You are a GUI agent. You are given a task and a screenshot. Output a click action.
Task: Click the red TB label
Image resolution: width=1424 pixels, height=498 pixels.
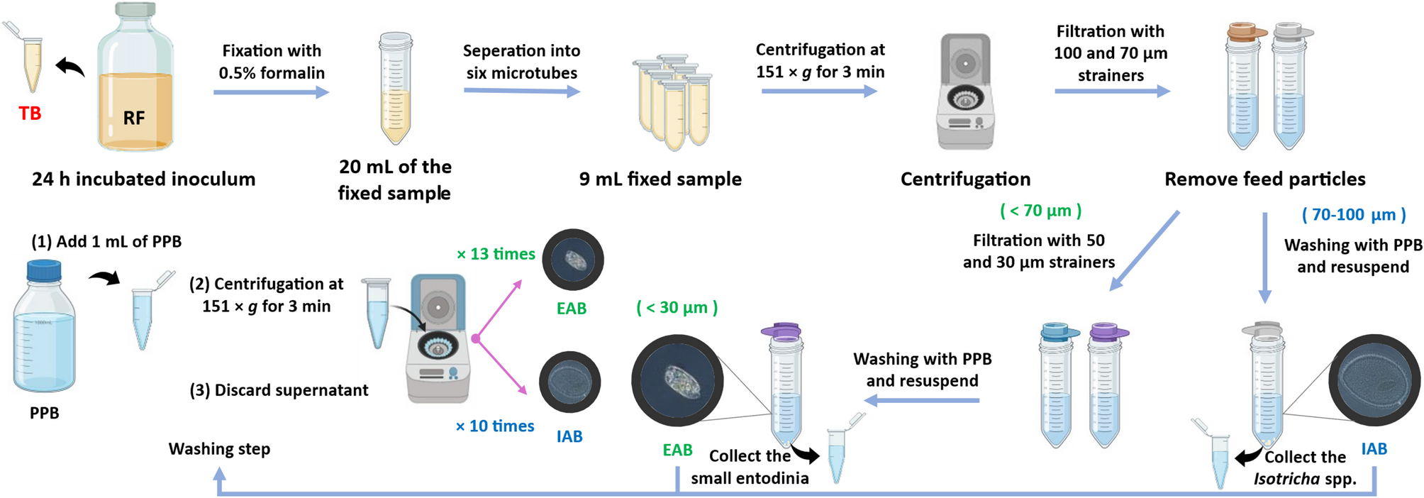[x=30, y=114]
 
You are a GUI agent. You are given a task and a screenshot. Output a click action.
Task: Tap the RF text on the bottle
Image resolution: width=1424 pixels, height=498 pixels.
[x=134, y=118]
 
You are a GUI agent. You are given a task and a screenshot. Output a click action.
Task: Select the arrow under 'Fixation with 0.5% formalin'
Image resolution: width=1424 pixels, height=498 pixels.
[x=272, y=92]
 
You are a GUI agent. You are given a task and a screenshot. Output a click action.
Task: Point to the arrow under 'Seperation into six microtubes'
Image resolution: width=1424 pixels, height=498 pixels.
[x=522, y=91]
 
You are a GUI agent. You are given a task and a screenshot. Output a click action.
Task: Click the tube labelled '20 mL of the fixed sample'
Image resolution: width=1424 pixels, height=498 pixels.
[x=396, y=88]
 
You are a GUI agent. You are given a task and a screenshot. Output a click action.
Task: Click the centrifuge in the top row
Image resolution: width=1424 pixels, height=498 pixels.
[x=965, y=92]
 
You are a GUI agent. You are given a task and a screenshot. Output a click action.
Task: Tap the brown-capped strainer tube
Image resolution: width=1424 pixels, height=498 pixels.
[x=1242, y=85]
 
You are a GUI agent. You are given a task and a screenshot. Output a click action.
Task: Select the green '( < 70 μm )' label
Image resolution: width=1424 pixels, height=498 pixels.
[x=1040, y=211]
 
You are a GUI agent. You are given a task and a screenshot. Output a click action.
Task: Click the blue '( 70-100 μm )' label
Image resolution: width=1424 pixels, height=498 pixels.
[x=1353, y=214]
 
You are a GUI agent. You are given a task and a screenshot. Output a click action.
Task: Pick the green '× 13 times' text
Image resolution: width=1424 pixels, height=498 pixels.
[x=496, y=254]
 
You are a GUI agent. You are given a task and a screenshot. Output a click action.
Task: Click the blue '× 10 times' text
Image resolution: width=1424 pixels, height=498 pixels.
[x=494, y=426]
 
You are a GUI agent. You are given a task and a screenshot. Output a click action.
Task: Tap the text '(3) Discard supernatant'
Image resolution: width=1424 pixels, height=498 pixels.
[x=279, y=390]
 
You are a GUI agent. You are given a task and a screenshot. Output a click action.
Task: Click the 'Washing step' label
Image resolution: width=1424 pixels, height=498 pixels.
[x=219, y=449]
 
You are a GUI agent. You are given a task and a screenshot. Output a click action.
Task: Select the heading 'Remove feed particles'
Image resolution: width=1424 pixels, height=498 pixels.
[x=1264, y=179]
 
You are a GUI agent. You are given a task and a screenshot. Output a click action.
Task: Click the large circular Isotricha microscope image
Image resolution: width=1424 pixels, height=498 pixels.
[x=1374, y=380]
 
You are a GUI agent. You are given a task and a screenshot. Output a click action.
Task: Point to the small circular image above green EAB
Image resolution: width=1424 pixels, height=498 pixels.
[x=573, y=260]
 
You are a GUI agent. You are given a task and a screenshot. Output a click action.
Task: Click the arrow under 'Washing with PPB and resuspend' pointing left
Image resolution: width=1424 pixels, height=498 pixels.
[x=922, y=401]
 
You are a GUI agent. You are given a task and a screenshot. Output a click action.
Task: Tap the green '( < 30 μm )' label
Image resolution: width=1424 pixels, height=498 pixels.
[x=677, y=307]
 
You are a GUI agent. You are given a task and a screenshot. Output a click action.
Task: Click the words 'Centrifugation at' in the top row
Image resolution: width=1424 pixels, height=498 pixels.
[x=820, y=50]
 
